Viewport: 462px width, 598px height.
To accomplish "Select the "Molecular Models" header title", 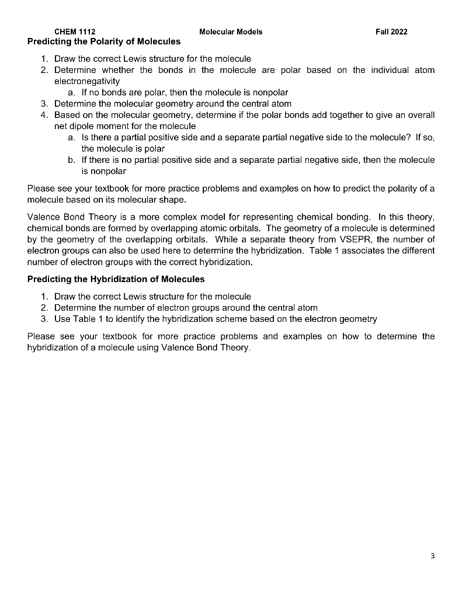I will [231, 32].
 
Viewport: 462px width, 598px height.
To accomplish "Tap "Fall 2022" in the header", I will [391, 32].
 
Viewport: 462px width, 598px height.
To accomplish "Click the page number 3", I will [432, 555].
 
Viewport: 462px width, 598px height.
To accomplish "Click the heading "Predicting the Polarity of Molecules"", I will [104, 42].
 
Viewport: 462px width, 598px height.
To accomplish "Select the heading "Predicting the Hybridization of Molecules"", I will [116, 279].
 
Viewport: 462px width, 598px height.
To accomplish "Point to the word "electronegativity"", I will [87, 81].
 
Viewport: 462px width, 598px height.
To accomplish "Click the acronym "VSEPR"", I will [356, 239].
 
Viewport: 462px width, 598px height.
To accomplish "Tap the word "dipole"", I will [86, 126].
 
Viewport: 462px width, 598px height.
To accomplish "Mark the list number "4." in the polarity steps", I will [46, 115].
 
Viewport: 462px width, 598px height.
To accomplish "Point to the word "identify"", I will [117, 319].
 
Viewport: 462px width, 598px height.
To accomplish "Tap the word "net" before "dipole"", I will [61, 126].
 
